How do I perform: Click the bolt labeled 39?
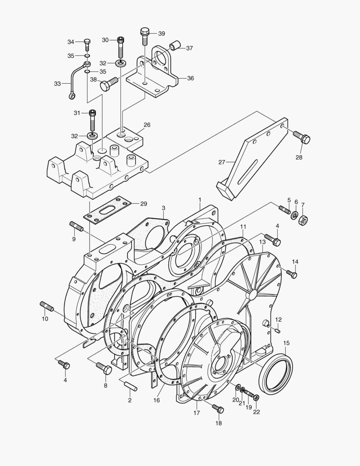pyautogui.click(x=144, y=36)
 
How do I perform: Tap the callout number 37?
pyautogui.click(x=189, y=48)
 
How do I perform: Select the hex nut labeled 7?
pyautogui.click(x=304, y=220)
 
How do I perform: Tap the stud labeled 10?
pyautogui.click(x=47, y=306)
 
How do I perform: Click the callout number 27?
pyautogui.click(x=222, y=162)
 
